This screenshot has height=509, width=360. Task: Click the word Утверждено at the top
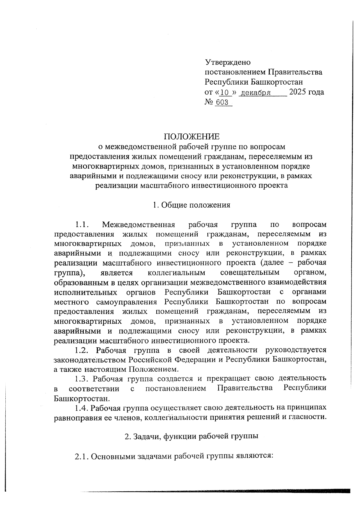tap(227, 62)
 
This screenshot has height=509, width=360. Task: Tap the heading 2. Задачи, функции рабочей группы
tap(191, 436)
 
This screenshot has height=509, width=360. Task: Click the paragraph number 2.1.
tap(81, 457)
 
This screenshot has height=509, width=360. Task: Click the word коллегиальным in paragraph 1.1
tap(177, 273)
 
